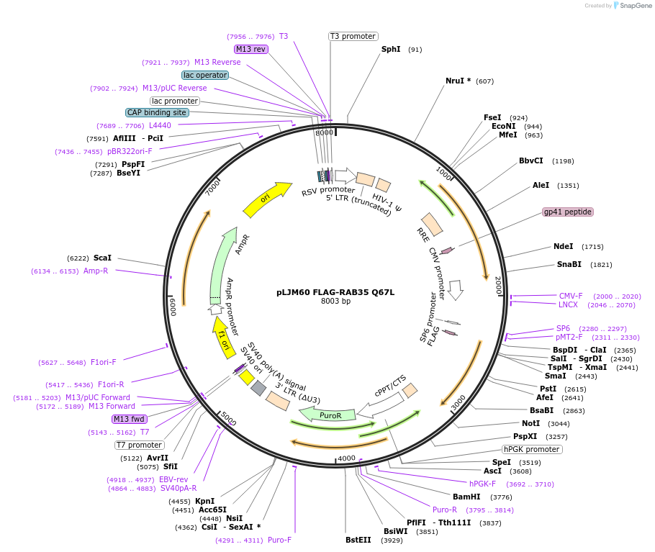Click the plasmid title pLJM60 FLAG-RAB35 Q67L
click(335, 292)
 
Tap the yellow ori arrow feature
click(267, 199)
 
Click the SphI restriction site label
click(391, 49)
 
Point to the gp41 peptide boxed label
click(568, 212)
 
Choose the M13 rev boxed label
click(251, 49)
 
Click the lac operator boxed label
click(205, 75)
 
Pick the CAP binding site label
click(158, 112)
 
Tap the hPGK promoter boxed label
click(532, 449)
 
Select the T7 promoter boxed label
click(140, 445)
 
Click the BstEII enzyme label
click(358, 539)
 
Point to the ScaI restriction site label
click(102, 258)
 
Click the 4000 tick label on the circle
click(347, 458)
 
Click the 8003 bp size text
click(335, 302)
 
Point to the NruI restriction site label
click(458, 81)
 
